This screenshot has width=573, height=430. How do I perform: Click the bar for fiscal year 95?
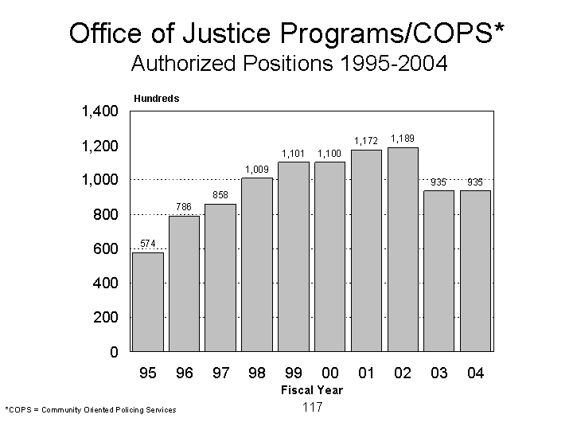click(148, 302)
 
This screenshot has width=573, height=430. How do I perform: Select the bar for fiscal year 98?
click(257, 264)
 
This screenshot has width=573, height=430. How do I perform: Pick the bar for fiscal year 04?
click(475, 271)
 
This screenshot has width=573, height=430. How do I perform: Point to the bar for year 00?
click(329, 256)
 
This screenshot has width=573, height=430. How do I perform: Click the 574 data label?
click(148, 243)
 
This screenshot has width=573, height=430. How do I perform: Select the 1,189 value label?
click(402, 139)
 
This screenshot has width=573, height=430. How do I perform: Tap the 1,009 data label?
click(256, 169)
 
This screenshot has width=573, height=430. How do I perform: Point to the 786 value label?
click(184, 207)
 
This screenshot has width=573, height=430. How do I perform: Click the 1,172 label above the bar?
click(366, 142)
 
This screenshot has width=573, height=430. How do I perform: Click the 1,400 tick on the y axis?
click(99, 111)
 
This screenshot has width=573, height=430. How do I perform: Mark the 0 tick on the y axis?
click(114, 352)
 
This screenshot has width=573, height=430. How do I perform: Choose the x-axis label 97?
click(220, 373)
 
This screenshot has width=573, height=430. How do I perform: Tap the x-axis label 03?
click(439, 373)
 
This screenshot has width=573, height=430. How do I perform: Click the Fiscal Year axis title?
click(311, 390)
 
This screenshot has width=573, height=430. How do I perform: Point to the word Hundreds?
click(157, 99)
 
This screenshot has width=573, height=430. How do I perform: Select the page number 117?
click(312, 407)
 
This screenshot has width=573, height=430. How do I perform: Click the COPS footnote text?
click(91, 409)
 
